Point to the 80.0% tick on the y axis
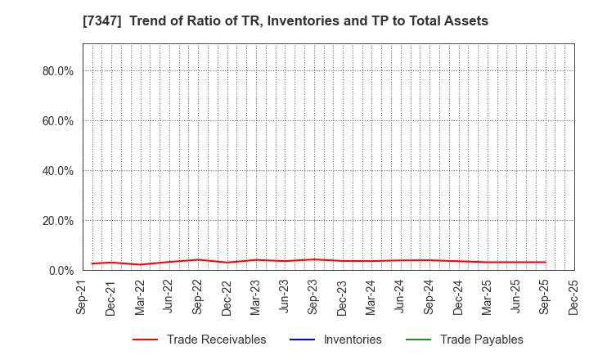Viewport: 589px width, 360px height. (x=58, y=71)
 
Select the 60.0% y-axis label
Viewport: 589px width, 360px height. (x=58, y=121)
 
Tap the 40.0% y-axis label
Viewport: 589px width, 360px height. (x=58, y=171)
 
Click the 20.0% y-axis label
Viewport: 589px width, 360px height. (x=58, y=221)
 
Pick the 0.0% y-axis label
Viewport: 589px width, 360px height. (x=61, y=271)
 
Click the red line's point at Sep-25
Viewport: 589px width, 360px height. (x=545, y=262)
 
